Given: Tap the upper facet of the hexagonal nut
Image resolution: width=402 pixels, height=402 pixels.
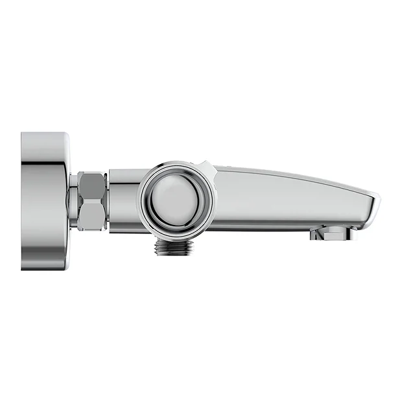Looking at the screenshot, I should coord(93,185).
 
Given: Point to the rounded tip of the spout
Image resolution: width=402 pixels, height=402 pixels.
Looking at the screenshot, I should coord(374,202).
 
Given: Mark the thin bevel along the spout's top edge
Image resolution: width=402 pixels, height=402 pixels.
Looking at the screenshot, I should coord(285,174).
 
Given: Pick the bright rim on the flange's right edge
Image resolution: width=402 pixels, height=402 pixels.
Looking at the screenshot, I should coord(67,201).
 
